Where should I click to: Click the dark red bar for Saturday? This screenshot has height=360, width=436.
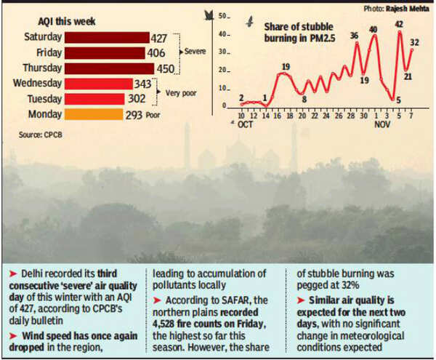(108, 36)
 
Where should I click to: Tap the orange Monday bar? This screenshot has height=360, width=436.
(94, 114)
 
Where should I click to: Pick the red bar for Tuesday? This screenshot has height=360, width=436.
(97, 98)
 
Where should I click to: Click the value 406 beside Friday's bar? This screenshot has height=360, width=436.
(159, 52)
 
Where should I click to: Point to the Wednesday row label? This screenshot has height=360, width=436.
(37, 83)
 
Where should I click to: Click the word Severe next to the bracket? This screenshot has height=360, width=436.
(197, 52)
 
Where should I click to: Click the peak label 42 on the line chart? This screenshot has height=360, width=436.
(399, 25)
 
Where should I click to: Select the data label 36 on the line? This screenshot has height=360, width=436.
(354, 36)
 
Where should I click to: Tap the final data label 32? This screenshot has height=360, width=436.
(414, 43)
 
